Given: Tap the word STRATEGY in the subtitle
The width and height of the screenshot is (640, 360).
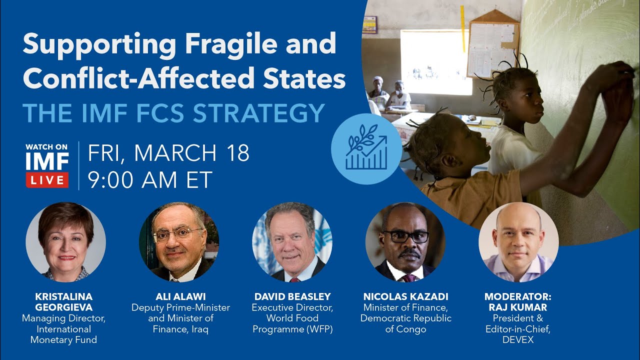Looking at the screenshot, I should (x=259, y=113).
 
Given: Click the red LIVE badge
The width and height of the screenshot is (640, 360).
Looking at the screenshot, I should (x=47, y=180).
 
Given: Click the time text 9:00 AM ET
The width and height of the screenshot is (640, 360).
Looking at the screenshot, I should (x=150, y=179).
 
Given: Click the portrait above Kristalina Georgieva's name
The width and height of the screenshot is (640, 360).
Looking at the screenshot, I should (x=65, y=242).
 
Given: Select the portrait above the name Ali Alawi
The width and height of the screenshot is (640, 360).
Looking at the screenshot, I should (x=178, y=242).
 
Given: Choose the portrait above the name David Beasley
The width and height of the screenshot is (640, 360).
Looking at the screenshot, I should (x=292, y=242).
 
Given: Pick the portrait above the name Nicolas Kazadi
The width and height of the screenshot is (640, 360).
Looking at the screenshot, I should (x=405, y=242).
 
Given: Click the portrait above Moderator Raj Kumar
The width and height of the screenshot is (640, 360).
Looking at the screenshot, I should (x=518, y=242).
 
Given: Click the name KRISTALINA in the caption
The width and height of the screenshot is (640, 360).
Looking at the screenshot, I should (x=64, y=296).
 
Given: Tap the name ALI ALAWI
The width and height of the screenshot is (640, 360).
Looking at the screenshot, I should (x=180, y=296).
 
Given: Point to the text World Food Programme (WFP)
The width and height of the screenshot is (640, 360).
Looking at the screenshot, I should (x=292, y=323).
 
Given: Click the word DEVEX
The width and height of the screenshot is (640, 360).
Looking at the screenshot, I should (x=518, y=340).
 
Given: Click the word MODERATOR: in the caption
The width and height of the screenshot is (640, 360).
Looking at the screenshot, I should (x=518, y=296).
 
